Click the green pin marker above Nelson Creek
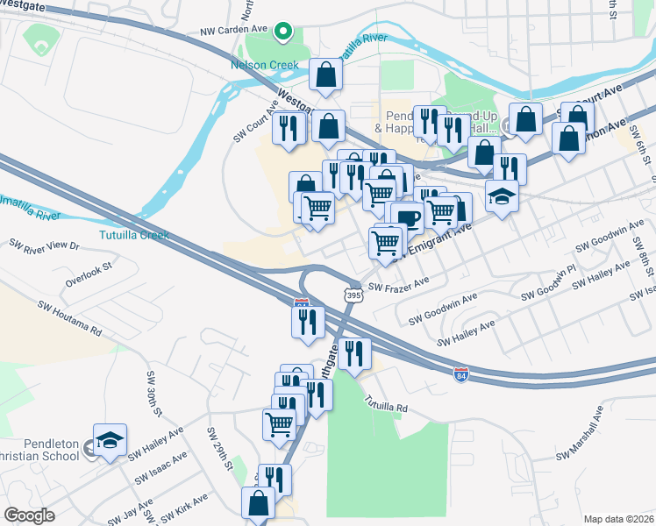(x=283, y=32)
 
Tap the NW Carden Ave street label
(x=232, y=29)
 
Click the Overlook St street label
(x=89, y=273)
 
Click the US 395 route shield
(x=353, y=295)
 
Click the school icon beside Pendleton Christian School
(x=111, y=438)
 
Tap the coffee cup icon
(x=408, y=216)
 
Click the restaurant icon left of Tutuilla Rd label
(x=353, y=352)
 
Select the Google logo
(x=29, y=515)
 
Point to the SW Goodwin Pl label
(x=553, y=281)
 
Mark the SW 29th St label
(x=218, y=452)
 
